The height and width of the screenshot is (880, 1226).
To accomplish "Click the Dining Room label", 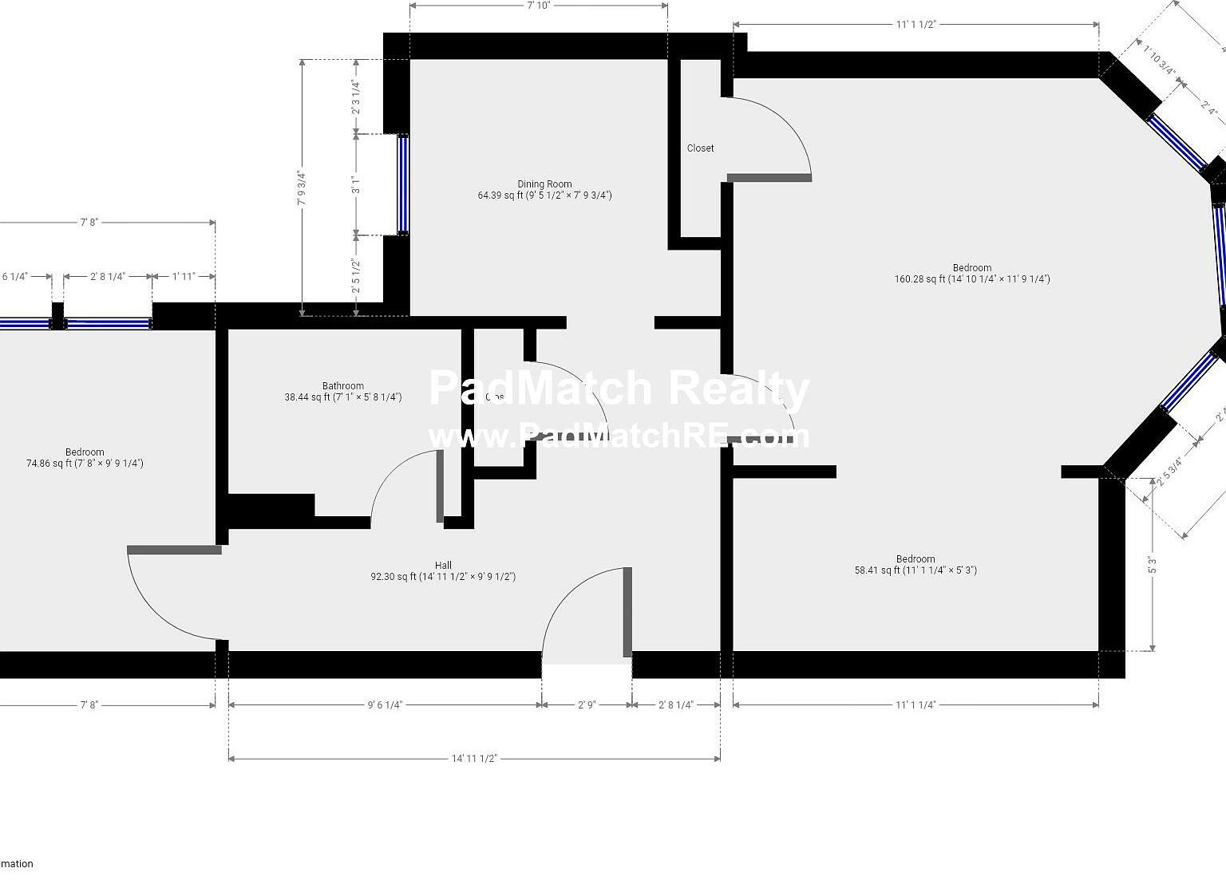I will (x=544, y=184).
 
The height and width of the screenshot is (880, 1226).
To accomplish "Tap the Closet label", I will (x=700, y=148).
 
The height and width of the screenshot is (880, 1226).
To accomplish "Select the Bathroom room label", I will (x=343, y=386).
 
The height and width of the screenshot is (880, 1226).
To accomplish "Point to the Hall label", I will (x=443, y=566).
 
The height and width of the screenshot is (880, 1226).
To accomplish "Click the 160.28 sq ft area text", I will (x=971, y=279).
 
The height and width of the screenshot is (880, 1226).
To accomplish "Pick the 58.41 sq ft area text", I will (x=916, y=570).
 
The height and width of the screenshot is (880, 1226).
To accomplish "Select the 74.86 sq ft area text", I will (x=85, y=464).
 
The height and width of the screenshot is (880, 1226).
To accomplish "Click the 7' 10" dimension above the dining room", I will (x=539, y=6).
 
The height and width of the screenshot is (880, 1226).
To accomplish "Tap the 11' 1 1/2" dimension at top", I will (x=915, y=25).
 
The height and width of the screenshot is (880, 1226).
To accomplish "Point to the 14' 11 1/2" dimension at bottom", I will (x=474, y=759).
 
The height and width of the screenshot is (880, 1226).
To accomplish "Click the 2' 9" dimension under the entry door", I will (x=587, y=705).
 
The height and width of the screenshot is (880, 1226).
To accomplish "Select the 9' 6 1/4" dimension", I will (x=385, y=705).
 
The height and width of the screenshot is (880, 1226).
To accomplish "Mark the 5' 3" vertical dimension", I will (x=1153, y=565).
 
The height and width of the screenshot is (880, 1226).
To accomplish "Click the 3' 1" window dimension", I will (x=357, y=185).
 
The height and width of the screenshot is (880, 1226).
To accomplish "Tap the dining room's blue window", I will (x=403, y=184).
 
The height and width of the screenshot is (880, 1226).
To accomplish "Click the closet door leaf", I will (x=769, y=177).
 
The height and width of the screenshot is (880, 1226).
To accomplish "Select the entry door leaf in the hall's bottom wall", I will (x=627, y=612).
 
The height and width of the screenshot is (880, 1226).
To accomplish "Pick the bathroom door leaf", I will (x=440, y=486).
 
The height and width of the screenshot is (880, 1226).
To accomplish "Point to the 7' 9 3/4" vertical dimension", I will (x=302, y=187).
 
